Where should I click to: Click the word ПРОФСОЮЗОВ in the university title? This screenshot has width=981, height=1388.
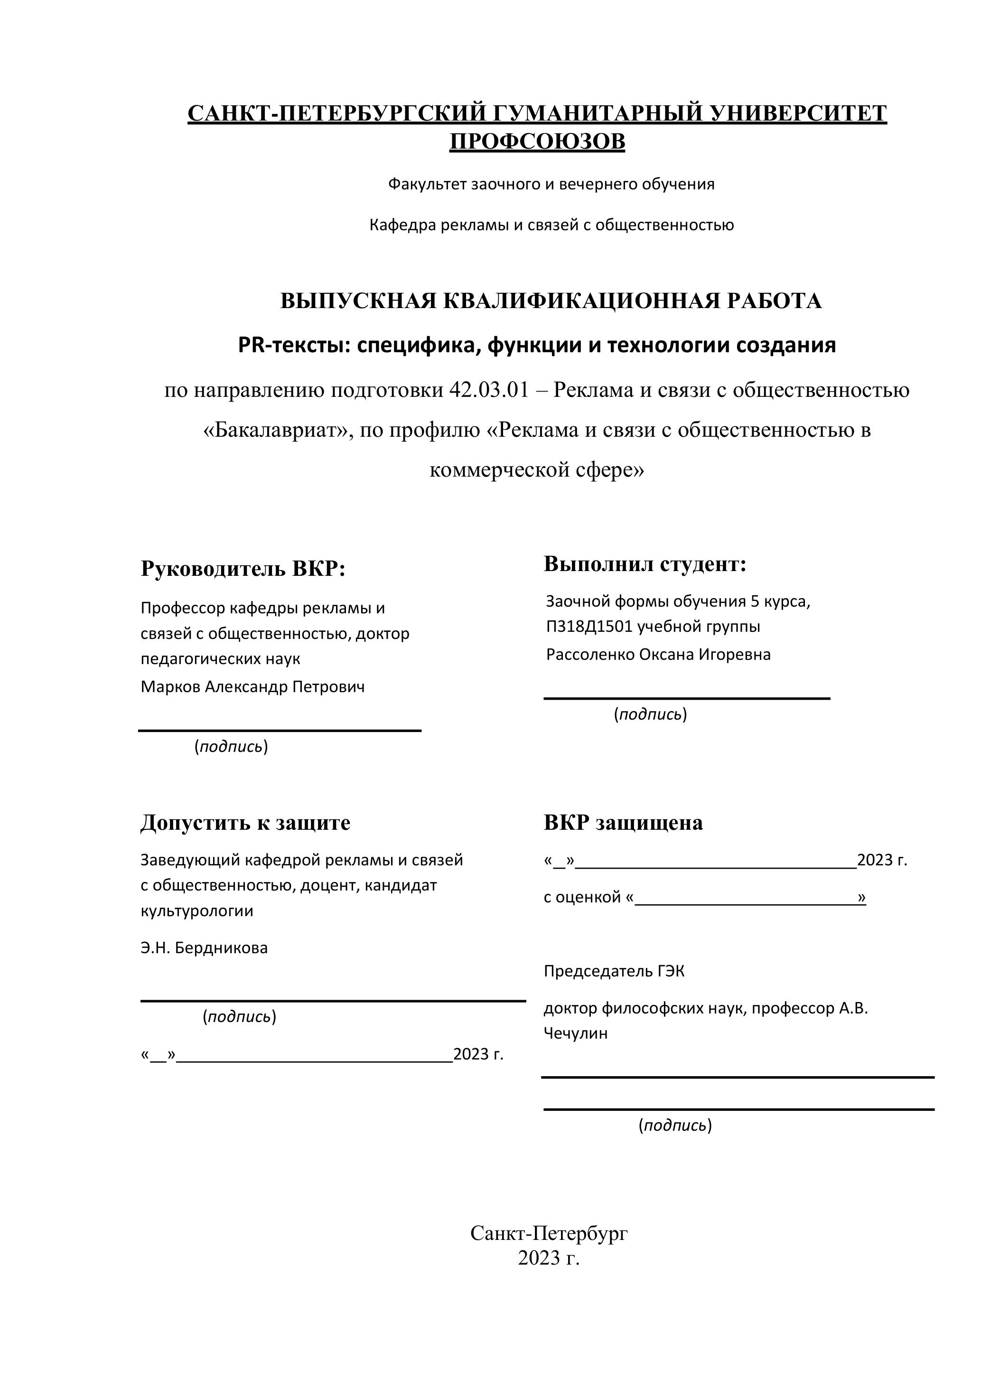point(537,141)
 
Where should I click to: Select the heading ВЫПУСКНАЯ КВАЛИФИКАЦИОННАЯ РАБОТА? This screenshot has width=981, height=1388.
point(551,300)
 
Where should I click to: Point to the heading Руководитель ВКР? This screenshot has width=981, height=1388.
point(243,568)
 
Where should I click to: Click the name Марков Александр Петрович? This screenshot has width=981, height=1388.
point(252,687)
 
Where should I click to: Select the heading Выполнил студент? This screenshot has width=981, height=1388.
point(645,563)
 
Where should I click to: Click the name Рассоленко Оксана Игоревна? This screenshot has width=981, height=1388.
point(658,654)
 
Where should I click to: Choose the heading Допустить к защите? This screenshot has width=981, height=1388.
point(245,822)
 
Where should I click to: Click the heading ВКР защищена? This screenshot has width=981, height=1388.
point(623,822)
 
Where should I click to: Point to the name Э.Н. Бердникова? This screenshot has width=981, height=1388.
point(204,947)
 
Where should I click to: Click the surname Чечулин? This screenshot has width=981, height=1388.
point(575,1032)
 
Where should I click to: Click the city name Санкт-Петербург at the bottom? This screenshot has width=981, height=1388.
point(549,1233)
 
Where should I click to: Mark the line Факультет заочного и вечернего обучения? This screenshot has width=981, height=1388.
point(551,184)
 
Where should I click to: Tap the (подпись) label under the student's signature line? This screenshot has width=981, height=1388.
point(650,714)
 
